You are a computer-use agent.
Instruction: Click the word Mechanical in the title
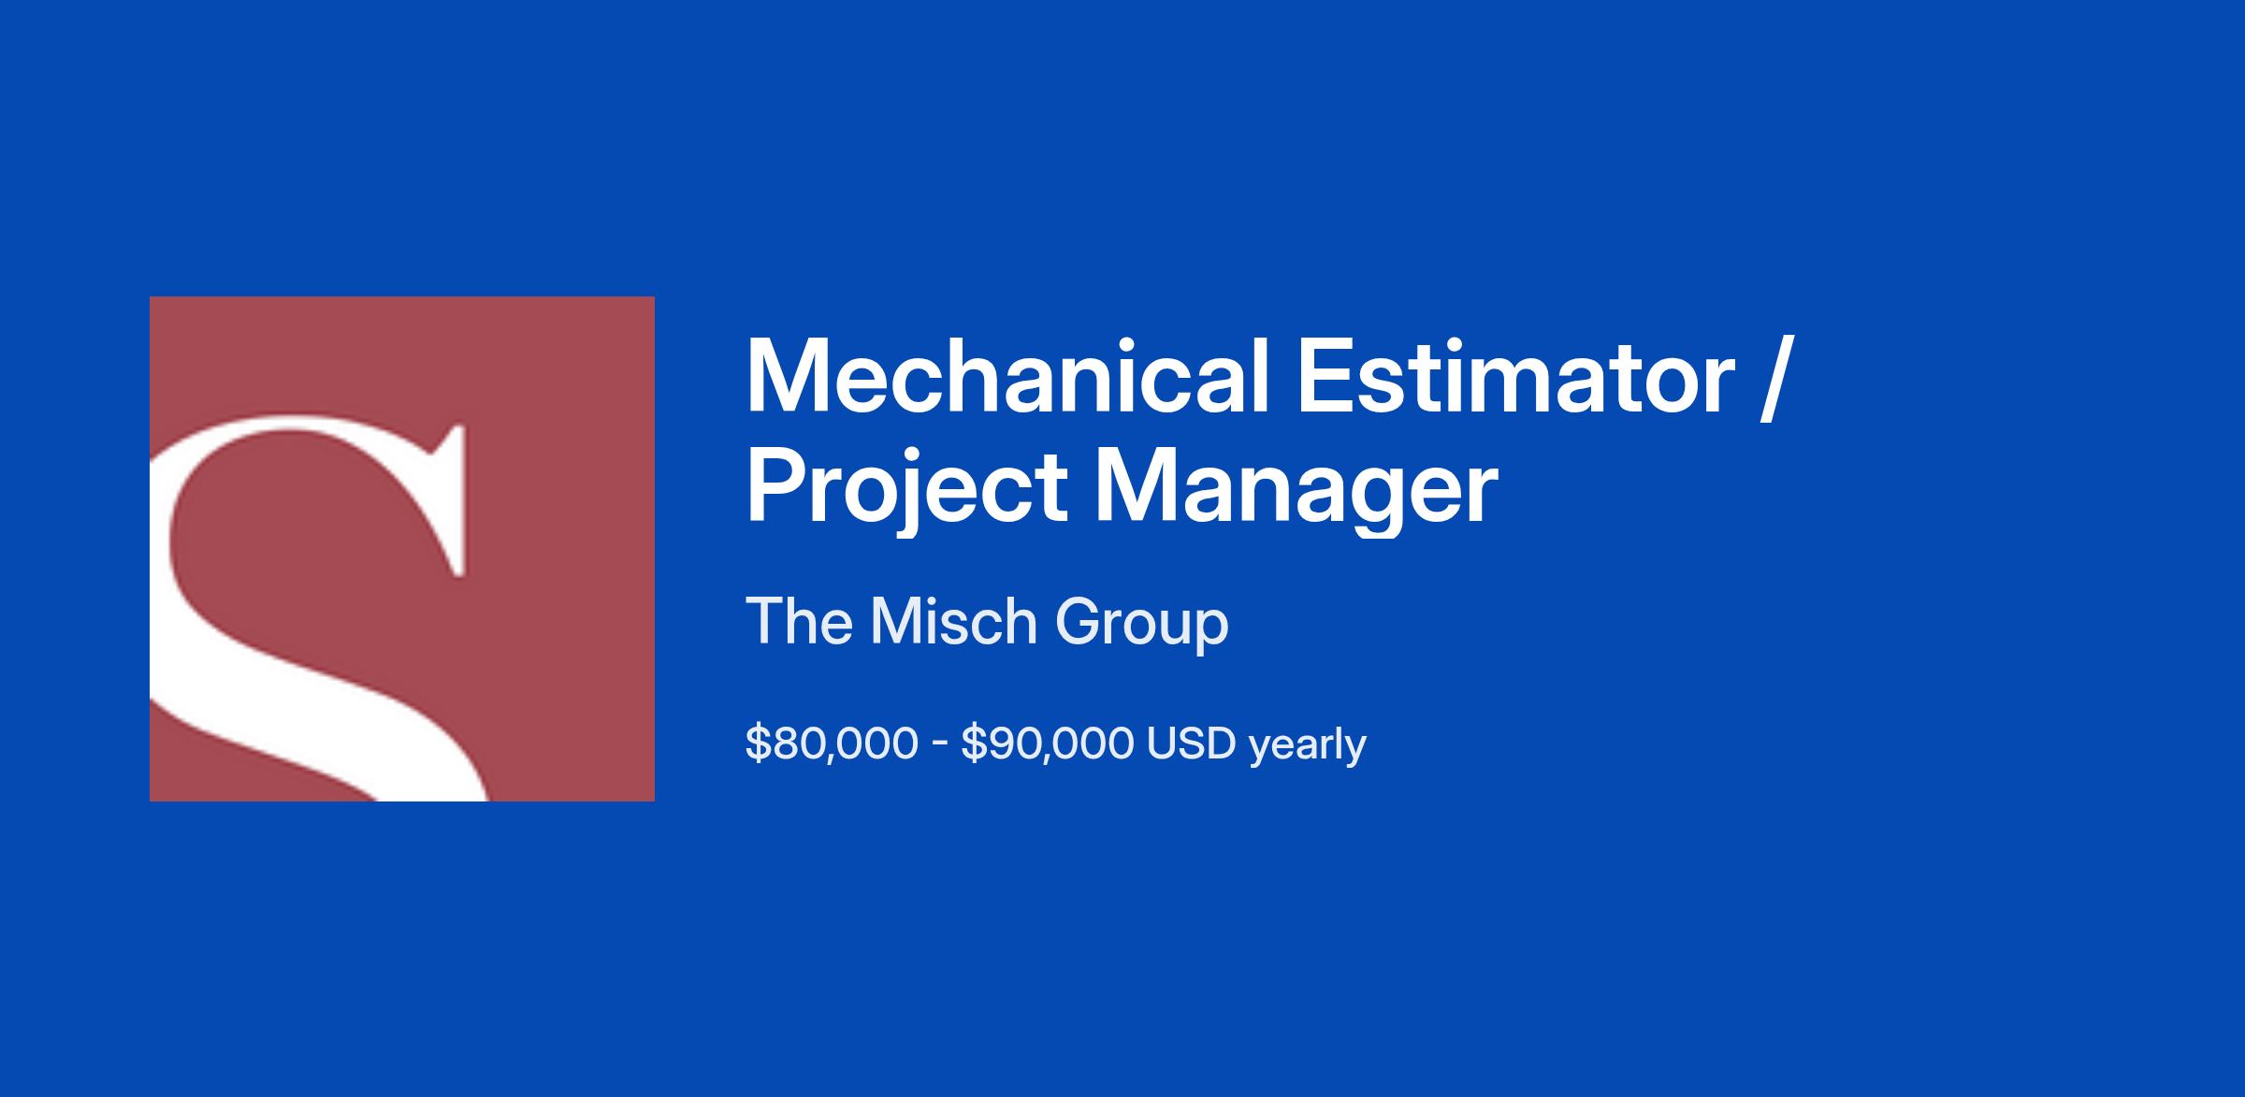click(x=1007, y=377)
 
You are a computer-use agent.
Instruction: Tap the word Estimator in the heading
click(x=1515, y=378)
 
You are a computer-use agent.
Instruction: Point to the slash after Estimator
click(x=1774, y=379)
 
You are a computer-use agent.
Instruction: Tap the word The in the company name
click(x=798, y=621)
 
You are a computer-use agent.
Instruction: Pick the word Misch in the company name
click(x=953, y=621)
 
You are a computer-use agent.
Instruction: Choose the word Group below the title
click(x=1142, y=624)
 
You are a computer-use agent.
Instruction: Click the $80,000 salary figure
click(x=832, y=744)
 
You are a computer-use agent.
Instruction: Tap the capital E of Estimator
click(x=1325, y=377)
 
